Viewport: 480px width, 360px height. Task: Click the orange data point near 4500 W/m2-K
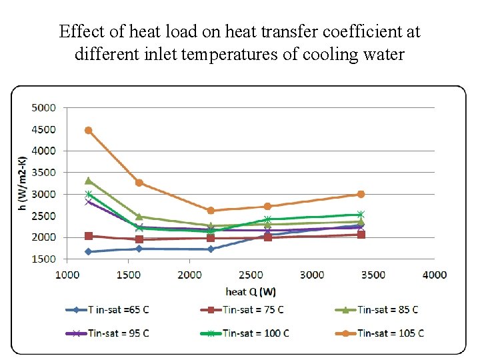click(x=88, y=131)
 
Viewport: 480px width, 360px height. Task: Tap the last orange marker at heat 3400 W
click(x=361, y=195)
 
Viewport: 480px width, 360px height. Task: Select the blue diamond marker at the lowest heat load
click(x=88, y=252)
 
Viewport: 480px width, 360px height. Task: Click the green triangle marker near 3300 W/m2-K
click(x=88, y=181)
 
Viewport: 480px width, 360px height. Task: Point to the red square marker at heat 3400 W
click(x=361, y=235)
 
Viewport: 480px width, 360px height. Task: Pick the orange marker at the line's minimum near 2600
click(x=211, y=211)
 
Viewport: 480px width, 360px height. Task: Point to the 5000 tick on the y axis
click(x=44, y=107)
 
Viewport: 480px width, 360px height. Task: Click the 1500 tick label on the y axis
click(x=44, y=259)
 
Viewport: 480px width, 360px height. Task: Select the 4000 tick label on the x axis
click(x=435, y=275)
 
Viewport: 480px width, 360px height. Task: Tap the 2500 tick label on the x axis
click(x=251, y=275)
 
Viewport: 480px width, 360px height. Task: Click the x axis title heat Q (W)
click(x=250, y=291)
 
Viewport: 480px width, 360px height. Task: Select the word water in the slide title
click(x=383, y=54)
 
